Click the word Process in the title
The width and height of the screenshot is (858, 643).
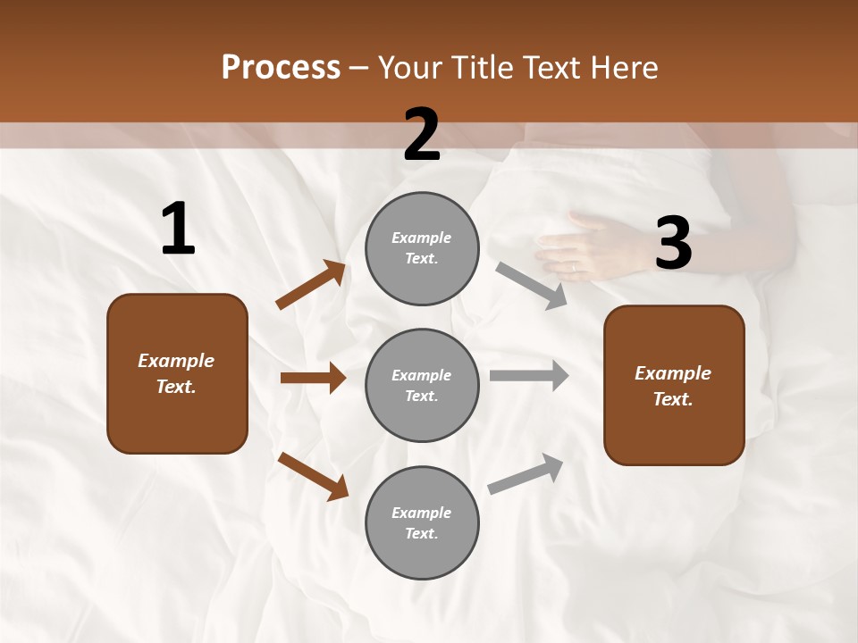pyautogui.click(x=281, y=68)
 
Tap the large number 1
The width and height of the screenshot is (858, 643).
pyautogui.click(x=178, y=230)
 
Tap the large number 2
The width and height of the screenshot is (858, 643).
pyautogui.click(x=422, y=136)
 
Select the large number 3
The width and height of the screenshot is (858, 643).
pyautogui.click(x=673, y=244)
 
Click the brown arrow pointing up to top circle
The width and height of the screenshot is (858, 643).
pyautogui.click(x=311, y=285)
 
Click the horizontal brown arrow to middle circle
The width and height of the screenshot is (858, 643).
pyautogui.click(x=313, y=378)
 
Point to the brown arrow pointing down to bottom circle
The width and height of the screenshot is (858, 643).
pyautogui.click(x=313, y=476)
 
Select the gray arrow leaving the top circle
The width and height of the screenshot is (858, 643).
pyautogui.click(x=531, y=285)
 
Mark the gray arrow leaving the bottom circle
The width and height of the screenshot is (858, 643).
pyautogui.click(x=526, y=474)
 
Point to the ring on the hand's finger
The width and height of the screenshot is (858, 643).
pyautogui.click(x=574, y=266)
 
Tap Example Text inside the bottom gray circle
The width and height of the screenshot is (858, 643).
pyautogui.click(x=422, y=523)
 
